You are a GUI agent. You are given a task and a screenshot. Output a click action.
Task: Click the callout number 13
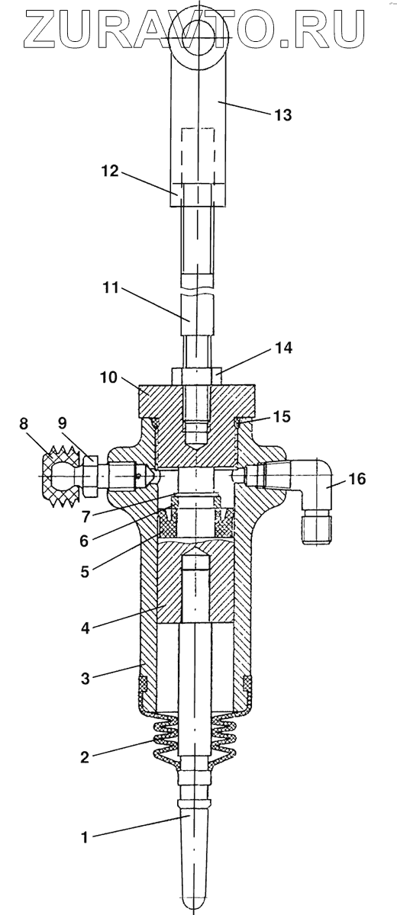click(282, 115)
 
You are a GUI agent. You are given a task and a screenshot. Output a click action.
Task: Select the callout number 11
click(111, 288)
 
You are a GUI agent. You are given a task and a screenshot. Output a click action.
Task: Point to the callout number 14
click(283, 348)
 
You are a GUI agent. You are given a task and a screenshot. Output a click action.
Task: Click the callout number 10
click(108, 377)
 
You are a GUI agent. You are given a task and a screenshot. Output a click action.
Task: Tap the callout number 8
click(24, 424)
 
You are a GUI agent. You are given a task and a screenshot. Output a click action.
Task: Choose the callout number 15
click(281, 416)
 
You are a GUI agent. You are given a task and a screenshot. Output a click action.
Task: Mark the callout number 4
click(85, 628)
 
